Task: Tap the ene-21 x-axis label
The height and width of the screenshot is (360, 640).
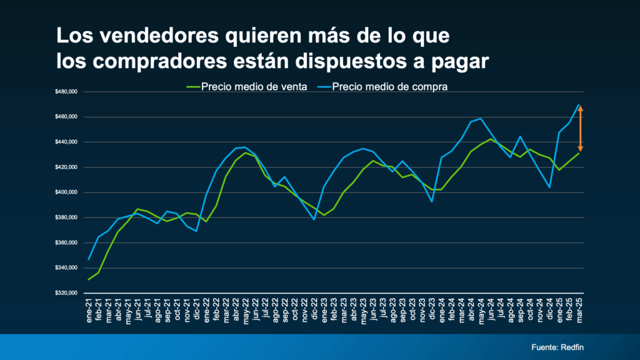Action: point(89,311)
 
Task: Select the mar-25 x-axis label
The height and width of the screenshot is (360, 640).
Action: point(579,311)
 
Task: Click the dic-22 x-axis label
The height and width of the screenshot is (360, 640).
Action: point(314,311)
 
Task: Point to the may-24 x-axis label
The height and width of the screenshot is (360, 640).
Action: point(481,311)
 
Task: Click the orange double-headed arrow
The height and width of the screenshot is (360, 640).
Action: point(580,129)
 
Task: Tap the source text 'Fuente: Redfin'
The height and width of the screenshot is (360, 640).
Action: point(557,347)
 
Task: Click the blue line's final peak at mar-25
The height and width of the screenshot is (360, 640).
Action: point(579,104)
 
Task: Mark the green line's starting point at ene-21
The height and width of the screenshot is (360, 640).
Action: point(89,279)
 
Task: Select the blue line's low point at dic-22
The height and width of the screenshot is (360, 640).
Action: point(314,219)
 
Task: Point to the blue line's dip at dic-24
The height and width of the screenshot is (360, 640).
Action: point(549,187)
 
